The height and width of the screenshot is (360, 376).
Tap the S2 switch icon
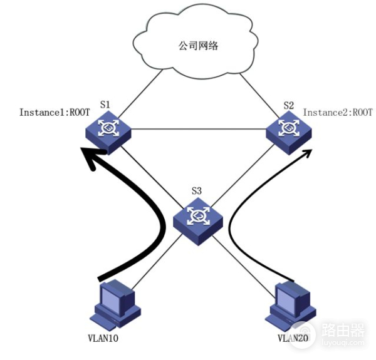tap(289, 130)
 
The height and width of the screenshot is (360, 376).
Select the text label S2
tap(288, 105)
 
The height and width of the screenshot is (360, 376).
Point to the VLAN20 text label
tap(291, 339)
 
